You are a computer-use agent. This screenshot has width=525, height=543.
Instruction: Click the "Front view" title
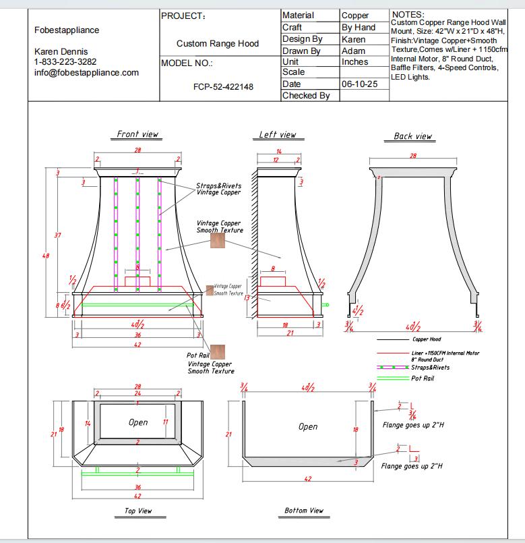tap(137, 134)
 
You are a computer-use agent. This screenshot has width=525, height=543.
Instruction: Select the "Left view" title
tap(278, 135)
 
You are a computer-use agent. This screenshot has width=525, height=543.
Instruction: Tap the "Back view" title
tap(412, 136)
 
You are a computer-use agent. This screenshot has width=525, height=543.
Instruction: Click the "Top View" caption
tap(138, 511)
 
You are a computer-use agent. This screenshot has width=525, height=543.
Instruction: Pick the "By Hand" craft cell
tap(359, 28)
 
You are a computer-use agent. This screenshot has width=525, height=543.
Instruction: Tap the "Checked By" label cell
tap(306, 96)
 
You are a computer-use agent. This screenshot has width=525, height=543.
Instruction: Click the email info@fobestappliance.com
tap(86, 73)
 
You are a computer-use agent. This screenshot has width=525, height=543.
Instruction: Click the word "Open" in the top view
tap(138, 422)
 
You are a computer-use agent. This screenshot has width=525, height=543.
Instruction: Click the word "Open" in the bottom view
tap(308, 426)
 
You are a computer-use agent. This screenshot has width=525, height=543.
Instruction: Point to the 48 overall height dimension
tap(47, 256)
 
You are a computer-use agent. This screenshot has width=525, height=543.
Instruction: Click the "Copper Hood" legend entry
tap(427, 339)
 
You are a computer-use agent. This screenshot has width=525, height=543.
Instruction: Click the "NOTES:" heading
tap(408, 14)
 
